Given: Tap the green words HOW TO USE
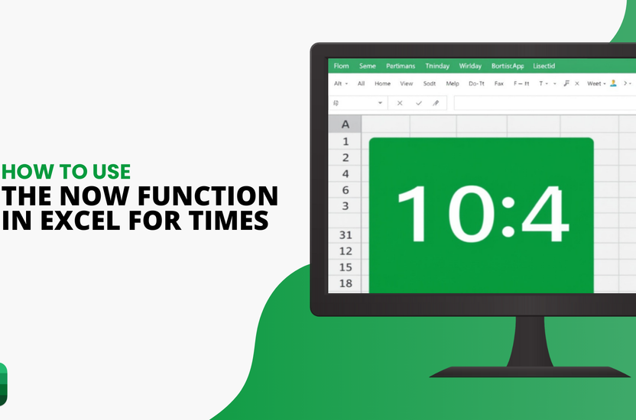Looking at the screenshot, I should (x=67, y=171).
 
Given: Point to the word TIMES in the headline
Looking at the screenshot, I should (x=226, y=221).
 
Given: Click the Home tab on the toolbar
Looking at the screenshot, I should (x=382, y=83).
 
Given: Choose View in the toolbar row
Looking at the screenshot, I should (x=406, y=83).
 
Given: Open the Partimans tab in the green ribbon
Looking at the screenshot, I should (x=401, y=66).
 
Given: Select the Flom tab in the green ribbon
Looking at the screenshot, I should (x=341, y=66).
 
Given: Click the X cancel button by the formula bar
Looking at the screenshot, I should (x=399, y=103).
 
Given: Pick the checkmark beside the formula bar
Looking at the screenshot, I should (x=418, y=103).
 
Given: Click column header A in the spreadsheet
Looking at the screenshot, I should (x=346, y=124).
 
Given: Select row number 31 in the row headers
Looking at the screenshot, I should (x=346, y=234).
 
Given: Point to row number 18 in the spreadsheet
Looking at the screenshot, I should (x=346, y=283).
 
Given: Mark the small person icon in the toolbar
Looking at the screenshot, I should (x=612, y=83).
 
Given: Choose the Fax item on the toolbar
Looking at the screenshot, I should (x=498, y=83).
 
